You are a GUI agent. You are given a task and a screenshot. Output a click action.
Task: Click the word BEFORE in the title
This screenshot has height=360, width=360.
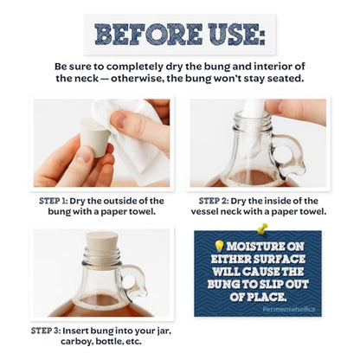(149, 34)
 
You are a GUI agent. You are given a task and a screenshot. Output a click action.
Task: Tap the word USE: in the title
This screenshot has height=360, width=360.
(237, 34)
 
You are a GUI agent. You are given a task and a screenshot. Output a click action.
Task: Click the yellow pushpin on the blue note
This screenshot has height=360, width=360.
(261, 228)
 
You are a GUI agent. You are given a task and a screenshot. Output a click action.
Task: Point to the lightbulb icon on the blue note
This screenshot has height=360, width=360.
(220, 246)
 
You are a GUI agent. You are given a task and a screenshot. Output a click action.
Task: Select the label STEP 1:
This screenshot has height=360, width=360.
(54, 201)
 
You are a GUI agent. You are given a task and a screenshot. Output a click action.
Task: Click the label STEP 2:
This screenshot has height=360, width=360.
(214, 201)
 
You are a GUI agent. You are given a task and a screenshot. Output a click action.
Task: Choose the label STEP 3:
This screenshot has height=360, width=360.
(45, 331)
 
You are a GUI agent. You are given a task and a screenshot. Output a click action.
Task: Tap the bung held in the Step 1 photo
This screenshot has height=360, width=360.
(95, 138)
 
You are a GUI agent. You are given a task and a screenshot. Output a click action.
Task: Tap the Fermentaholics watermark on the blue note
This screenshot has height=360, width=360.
(289, 309)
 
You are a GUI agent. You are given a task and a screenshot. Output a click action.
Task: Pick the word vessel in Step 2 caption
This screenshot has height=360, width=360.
(204, 212)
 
